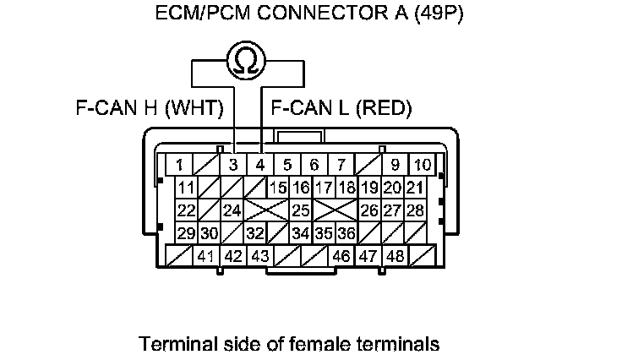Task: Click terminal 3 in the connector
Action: [233, 164]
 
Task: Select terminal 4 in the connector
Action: [260, 164]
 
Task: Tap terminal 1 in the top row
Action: [180, 164]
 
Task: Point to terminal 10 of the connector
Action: [422, 164]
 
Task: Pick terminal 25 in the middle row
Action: [299, 210]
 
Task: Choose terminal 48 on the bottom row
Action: [395, 255]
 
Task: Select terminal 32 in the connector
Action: [254, 232]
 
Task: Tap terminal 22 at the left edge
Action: [186, 210]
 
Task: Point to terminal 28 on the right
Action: [414, 210]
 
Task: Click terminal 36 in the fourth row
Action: [345, 232]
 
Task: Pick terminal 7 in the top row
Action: [341, 164]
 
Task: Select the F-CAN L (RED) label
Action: [340, 108]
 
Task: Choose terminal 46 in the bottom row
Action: [341, 255]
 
